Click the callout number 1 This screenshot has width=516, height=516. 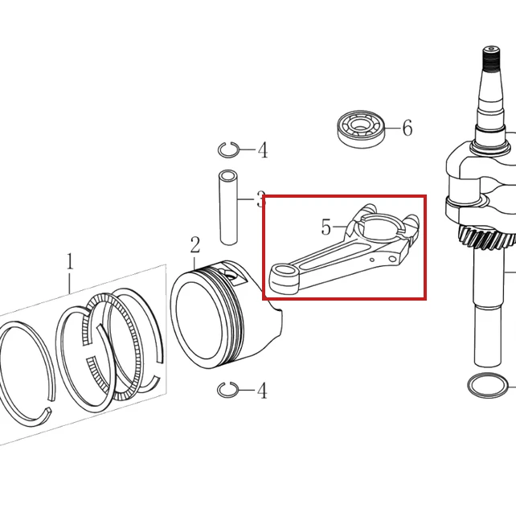click(x=69, y=262)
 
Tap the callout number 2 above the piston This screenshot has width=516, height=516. click(x=195, y=244)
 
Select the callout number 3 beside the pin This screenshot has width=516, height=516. click(x=261, y=199)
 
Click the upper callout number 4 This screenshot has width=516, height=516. click(x=263, y=150)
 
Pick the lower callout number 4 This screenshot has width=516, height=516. click(x=262, y=391)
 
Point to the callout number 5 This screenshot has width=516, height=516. click(x=326, y=227)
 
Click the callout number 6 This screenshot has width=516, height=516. click(x=407, y=128)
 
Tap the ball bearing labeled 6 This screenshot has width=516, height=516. click(x=362, y=129)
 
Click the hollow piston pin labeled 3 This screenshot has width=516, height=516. click(x=228, y=207)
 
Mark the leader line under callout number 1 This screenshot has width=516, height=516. click(x=69, y=282)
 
